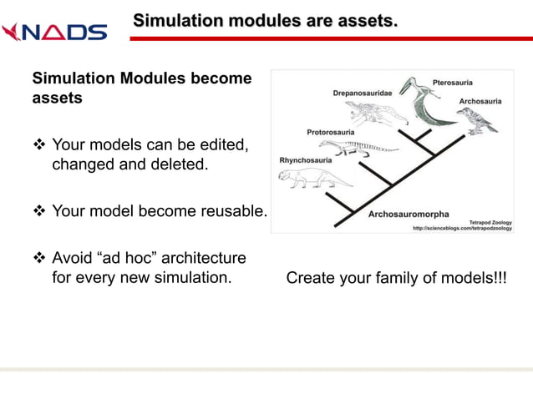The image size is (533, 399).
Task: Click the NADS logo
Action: pyautogui.click(x=54, y=32)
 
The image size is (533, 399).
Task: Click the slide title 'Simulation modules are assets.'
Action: pyautogui.click(x=265, y=19)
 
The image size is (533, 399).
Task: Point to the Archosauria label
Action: pyautogui.click(x=480, y=101)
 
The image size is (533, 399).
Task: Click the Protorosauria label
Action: pyautogui.click(x=331, y=132)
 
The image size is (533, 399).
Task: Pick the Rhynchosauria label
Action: pyautogui.click(x=305, y=159)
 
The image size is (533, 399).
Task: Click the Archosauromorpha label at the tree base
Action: pyautogui.click(x=409, y=215)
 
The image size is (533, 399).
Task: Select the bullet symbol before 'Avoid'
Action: pyautogui.click(x=38, y=258)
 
